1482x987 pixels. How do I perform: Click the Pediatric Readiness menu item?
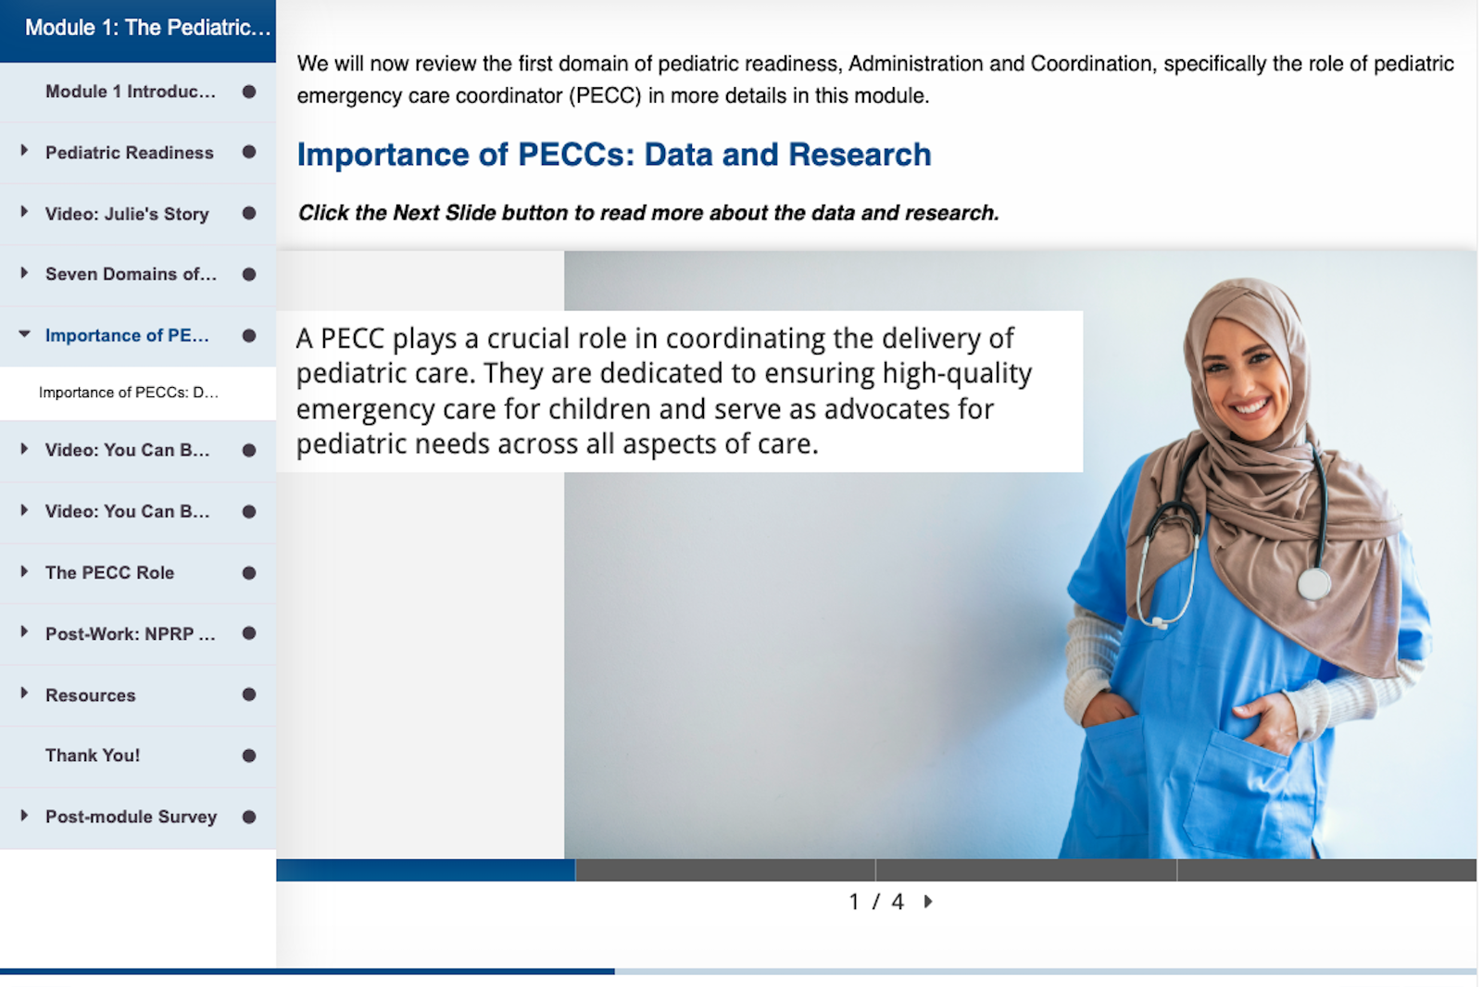coord(129,153)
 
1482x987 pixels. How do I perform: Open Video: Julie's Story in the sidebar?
coord(127,214)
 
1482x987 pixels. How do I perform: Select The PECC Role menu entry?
coord(110,573)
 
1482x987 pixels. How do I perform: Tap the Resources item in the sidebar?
coord(90,695)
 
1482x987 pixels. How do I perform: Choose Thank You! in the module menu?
coord(93,756)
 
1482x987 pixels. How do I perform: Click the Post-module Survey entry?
coord(131,817)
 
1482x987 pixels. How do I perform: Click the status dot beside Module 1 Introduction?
coord(249,92)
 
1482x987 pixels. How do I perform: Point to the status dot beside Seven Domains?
coord(249,275)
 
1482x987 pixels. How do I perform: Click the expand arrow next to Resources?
coord(24,693)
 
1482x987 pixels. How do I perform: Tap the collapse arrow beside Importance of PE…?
coord(24,334)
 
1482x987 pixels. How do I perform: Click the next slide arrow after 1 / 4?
coord(928,902)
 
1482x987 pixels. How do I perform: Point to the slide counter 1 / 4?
coord(876,902)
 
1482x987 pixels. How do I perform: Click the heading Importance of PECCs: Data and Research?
coord(614,155)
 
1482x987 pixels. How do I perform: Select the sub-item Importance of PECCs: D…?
coord(129,393)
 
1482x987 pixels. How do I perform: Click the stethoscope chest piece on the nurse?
coord(1313,584)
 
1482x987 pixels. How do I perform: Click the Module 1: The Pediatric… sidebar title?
coord(147,28)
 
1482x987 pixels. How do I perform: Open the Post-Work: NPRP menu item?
coord(131,633)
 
